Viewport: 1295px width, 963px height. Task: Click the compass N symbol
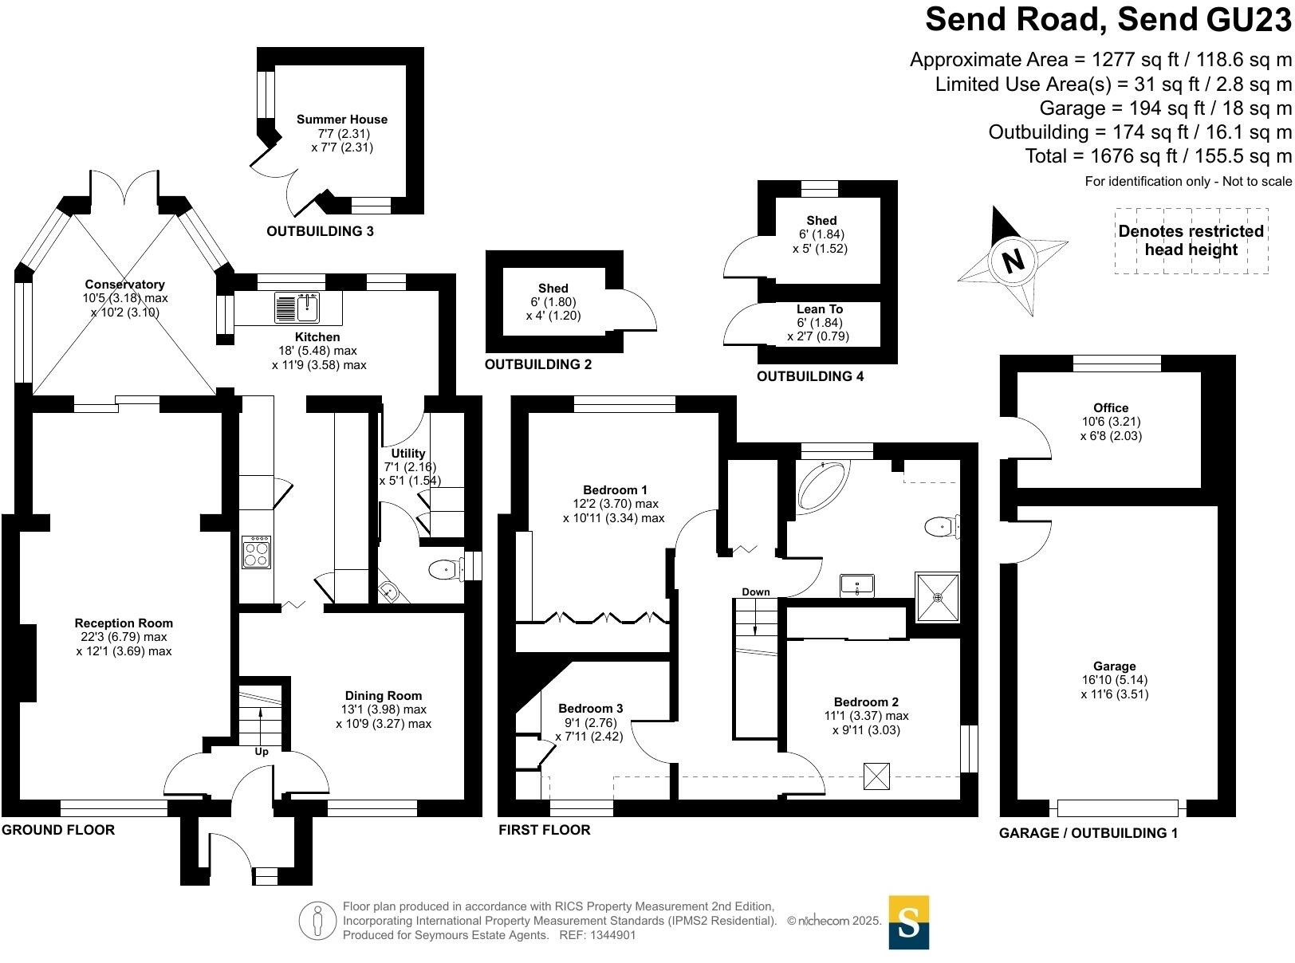click(1013, 260)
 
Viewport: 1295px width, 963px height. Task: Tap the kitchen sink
click(297, 308)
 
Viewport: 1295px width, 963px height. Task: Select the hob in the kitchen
click(257, 552)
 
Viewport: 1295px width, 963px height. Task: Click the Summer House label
click(342, 120)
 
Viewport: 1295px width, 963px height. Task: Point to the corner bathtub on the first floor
click(823, 485)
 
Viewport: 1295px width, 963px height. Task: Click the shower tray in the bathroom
click(937, 596)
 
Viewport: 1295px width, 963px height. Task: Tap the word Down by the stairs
click(756, 592)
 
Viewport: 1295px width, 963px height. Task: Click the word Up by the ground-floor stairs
click(262, 752)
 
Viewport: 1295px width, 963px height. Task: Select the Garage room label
click(1114, 666)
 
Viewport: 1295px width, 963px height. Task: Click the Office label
click(1111, 408)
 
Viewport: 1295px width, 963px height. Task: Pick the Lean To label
click(820, 309)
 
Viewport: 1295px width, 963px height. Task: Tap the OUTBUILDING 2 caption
click(538, 364)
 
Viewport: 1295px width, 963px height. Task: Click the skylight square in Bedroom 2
click(876, 776)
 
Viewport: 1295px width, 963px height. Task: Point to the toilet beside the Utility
click(445, 569)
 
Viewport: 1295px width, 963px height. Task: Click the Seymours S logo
click(908, 922)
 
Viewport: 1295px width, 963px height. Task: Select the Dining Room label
click(384, 696)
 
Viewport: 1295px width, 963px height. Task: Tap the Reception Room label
click(124, 623)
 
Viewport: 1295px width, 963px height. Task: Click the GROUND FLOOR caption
click(58, 830)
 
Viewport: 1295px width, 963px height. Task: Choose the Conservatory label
click(125, 285)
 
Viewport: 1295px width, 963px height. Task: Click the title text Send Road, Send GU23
click(1108, 19)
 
